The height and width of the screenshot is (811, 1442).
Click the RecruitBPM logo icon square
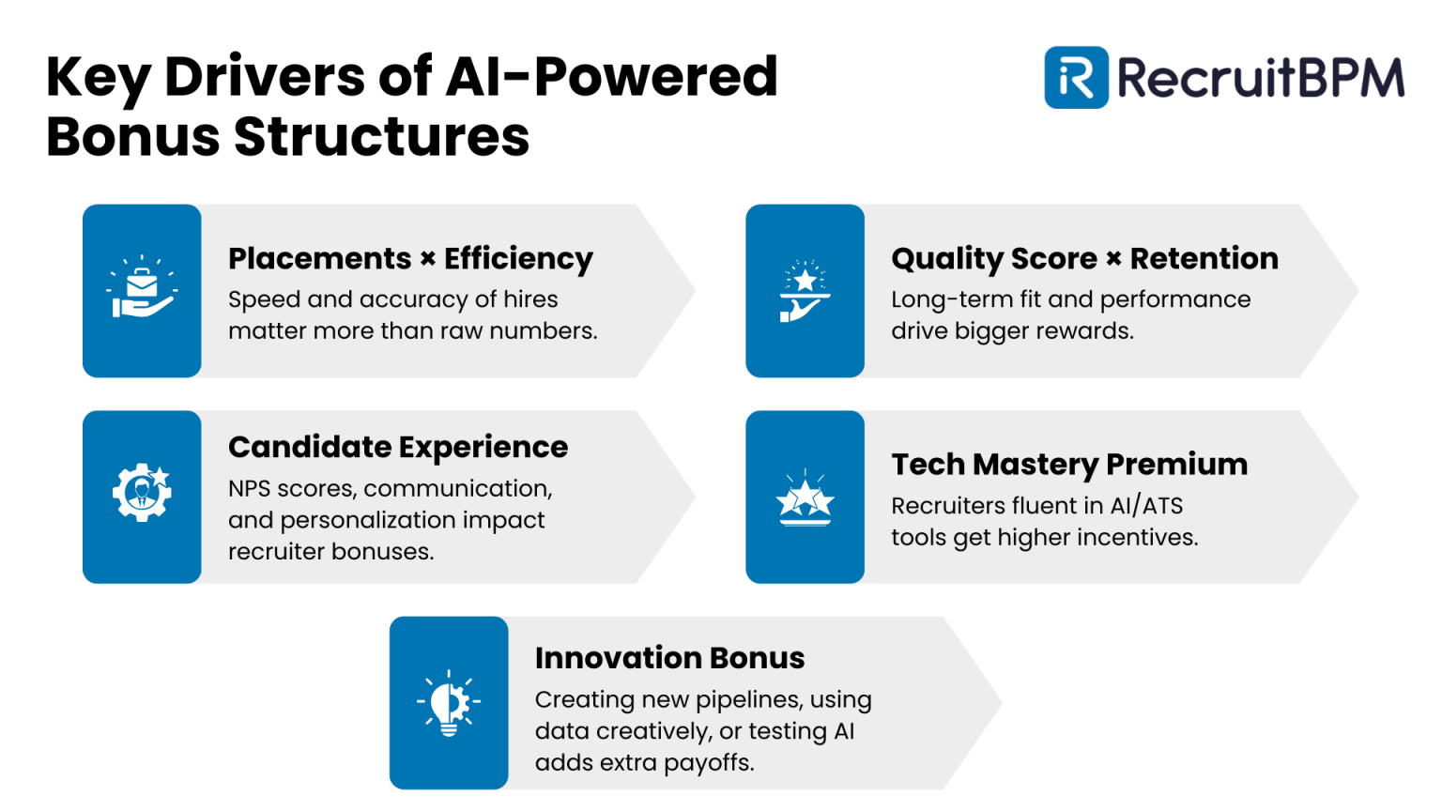(1076, 78)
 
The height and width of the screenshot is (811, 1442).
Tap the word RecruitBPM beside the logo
(1260, 78)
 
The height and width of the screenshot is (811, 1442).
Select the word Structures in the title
(381, 137)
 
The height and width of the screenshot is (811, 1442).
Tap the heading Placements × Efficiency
(410, 258)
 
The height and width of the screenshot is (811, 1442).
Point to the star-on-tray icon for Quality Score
(805, 291)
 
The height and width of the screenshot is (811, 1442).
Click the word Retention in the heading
(1204, 258)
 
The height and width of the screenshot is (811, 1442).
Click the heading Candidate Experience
(398, 447)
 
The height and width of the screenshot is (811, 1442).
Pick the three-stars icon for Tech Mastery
(805, 498)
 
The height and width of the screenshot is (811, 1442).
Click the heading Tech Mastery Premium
(1069, 465)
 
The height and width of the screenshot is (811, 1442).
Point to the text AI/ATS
(1146, 506)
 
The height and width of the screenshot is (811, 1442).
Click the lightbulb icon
(449, 703)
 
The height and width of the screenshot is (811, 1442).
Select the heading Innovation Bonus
(669, 658)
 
